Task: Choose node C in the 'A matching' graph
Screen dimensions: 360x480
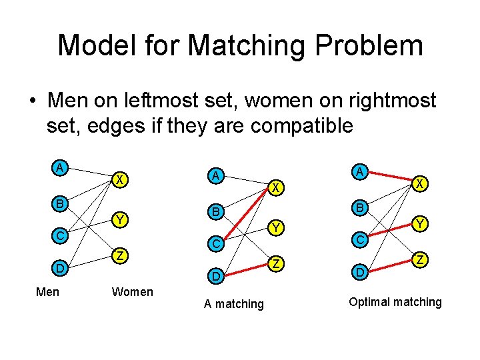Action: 215,245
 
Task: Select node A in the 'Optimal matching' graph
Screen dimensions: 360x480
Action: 359,171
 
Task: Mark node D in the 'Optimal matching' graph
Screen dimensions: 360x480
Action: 359,272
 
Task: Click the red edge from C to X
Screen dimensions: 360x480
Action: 245,217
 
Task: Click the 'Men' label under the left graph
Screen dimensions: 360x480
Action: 47,291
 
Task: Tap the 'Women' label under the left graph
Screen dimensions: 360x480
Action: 133,291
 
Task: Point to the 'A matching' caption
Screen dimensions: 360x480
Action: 234,304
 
